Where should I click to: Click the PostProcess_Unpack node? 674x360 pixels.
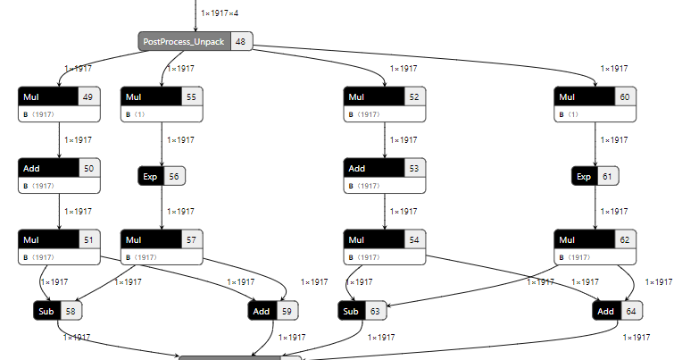click(184, 42)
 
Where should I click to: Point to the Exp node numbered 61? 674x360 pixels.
click(584, 177)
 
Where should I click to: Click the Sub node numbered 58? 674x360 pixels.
click(45, 311)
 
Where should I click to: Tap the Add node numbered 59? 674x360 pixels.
click(262, 311)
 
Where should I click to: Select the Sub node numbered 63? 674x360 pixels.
click(351, 311)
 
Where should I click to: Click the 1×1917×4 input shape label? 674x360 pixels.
click(221, 13)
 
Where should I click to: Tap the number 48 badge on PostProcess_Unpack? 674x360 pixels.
click(240, 42)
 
